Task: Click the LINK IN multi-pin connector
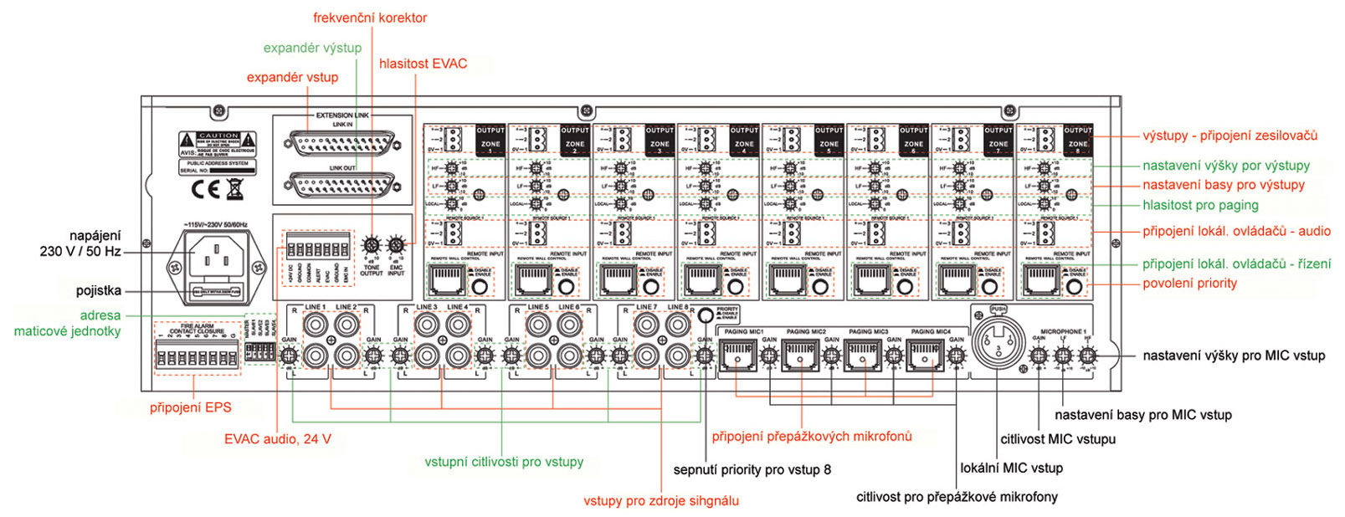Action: click(x=342, y=144)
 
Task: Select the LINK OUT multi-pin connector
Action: click(x=342, y=186)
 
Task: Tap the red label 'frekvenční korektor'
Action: click(x=370, y=18)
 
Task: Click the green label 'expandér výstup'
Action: click(x=312, y=48)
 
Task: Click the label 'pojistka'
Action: click(x=99, y=290)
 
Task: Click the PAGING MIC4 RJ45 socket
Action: click(x=925, y=356)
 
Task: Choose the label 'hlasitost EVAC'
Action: click(x=423, y=64)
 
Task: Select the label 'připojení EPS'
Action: click(x=190, y=407)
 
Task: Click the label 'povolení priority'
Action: click(x=1189, y=283)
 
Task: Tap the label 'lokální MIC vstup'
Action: click(x=1011, y=468)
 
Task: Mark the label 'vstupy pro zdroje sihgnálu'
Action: click(x=660, y=500)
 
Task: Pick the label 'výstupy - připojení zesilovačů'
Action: click(x=1229, y=136)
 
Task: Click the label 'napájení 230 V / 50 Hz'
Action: click(x=80, y=243)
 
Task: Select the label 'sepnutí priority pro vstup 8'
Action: click(x=752, y=469)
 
